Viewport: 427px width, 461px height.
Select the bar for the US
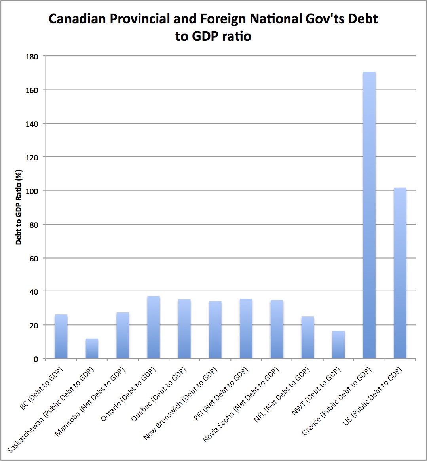(400, 273)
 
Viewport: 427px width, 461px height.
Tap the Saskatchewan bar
(92, 349)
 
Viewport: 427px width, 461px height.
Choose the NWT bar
(338, 345)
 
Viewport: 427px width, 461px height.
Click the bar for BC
(61, 337)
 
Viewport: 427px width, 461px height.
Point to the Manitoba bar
(123, 335)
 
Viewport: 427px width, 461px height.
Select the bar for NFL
(307, 337)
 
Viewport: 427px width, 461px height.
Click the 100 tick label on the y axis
(33, 191)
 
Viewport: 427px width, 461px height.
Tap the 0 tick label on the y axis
(36, 359)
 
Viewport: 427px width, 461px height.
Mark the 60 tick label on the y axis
(34, 258)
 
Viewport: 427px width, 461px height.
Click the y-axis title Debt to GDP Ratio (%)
(19, 208)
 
